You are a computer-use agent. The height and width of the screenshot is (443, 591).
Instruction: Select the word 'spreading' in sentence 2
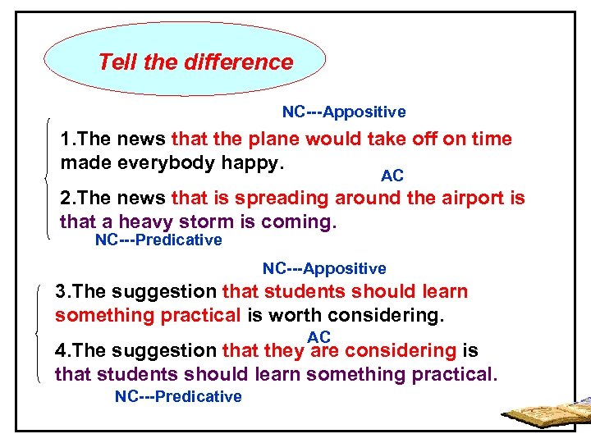pos(284,199)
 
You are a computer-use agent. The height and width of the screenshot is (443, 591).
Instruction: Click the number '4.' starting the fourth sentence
pos(62,351)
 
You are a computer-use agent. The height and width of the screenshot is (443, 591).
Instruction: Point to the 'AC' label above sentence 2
pos(392,176)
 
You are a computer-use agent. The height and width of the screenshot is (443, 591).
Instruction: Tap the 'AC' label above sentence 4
pos(318,337)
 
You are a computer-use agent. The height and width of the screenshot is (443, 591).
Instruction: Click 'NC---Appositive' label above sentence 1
pos(344,112)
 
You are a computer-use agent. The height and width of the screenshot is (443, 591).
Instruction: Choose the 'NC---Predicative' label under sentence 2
pos(158,240)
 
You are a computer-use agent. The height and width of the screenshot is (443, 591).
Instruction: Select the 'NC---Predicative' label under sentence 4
pos(178,397)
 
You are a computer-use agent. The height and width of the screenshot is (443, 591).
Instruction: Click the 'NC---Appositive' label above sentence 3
pos(324,269)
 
